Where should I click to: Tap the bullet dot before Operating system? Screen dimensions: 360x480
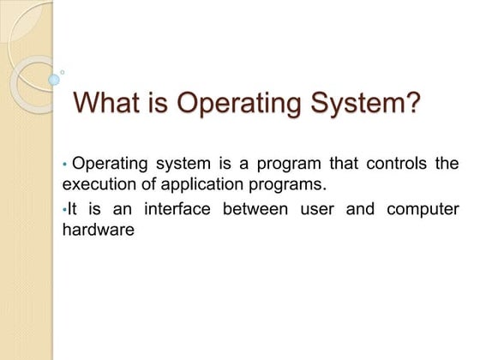(65, 163)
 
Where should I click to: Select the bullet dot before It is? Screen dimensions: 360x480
(64, 208)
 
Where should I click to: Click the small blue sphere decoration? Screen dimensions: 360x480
(54, 79)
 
